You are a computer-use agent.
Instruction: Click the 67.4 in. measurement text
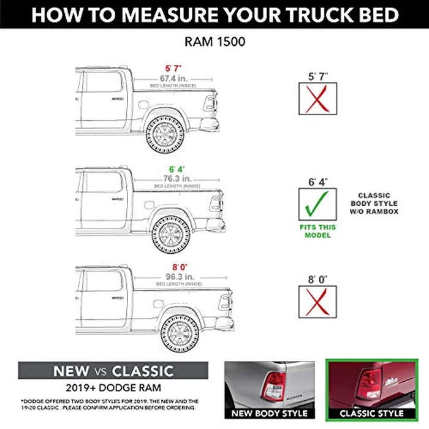(175, 79)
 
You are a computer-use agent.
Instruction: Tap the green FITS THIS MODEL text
(317, 231)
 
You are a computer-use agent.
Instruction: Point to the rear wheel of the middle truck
(170, 233)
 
